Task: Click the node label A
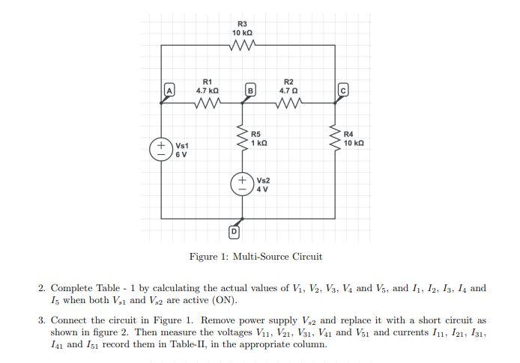[x=169, y=91]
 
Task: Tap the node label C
[x=342, y=91]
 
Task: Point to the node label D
[x=233, y=232]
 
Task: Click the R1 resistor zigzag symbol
[x=207, y=105]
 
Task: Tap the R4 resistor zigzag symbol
[x=335, y=138]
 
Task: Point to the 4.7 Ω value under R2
[x=289, y=90]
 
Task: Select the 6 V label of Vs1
[x=181, y=154]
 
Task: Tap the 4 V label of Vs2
[x=262, y=189]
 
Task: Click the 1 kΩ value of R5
[x=259, y=142]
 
